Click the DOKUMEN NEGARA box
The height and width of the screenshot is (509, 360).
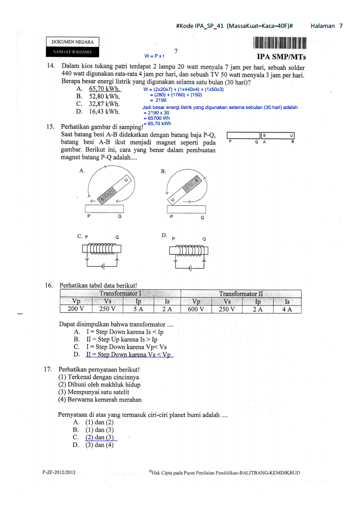pos(72,42)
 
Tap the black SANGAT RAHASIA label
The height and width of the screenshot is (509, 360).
pos(72,52)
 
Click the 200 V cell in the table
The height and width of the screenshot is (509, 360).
pos(76,309)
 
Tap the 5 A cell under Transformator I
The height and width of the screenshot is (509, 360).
pos(138,309)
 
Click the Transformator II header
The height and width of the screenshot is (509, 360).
pos(241,294)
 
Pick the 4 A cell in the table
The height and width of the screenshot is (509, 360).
pos(287,309)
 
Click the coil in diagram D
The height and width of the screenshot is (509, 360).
pos(189,250)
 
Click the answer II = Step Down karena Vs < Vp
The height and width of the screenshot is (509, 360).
pos(130,355)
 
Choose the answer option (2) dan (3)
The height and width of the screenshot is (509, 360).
pos(100,437)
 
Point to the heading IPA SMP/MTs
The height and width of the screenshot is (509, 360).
pos(281,57)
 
